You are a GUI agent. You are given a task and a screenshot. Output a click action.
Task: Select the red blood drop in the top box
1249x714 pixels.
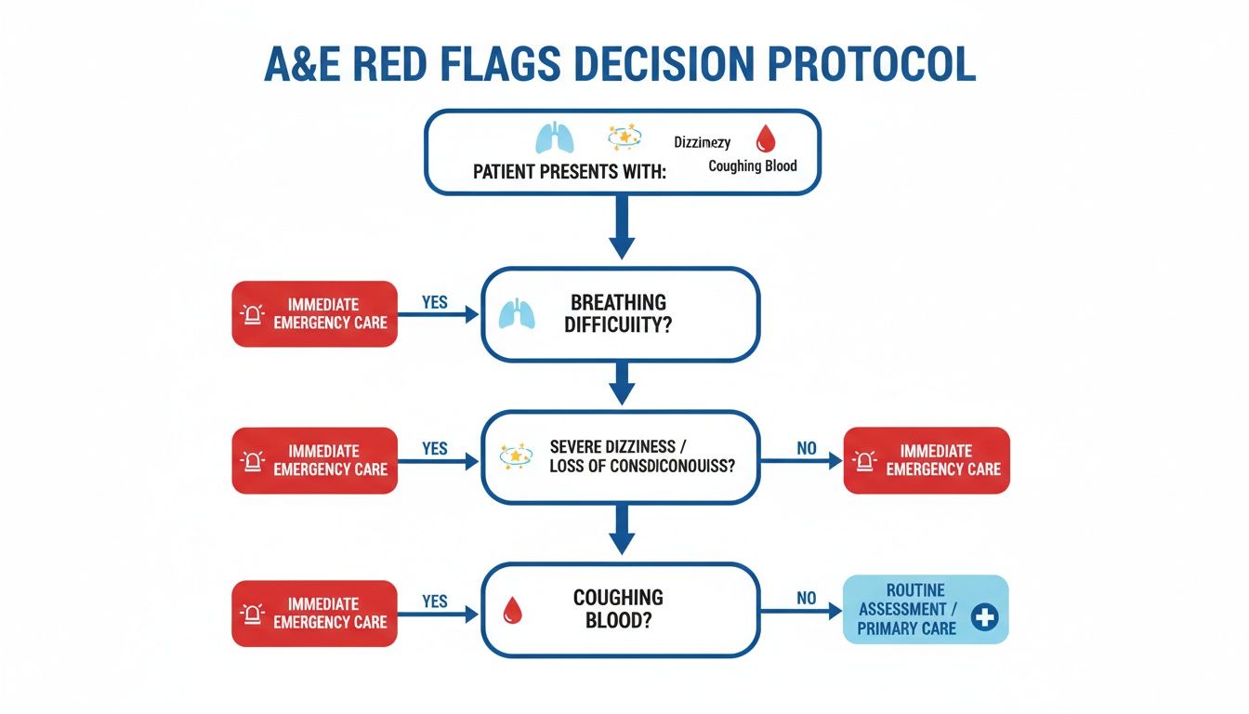pos(765,139)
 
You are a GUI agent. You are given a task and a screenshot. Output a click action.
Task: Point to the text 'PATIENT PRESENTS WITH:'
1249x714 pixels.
pos(570,173)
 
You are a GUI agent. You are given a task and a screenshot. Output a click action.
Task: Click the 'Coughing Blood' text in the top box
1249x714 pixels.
pos(752,166)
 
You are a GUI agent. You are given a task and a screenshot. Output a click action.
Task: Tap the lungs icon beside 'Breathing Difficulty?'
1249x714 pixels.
pos(518,313)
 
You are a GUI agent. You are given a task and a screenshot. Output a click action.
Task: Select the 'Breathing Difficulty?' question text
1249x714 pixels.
pos(619,313)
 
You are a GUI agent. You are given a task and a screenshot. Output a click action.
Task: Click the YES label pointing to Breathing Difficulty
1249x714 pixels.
pos(434,302)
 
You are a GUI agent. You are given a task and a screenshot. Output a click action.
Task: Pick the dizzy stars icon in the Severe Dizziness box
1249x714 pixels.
pos(516,456)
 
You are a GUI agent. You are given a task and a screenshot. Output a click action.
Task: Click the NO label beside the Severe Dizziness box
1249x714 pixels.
pos(806,449)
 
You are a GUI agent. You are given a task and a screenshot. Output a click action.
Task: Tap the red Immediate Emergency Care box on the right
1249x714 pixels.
pos(926,459)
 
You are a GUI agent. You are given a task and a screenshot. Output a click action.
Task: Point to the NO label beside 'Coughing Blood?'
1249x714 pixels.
pos(806,600)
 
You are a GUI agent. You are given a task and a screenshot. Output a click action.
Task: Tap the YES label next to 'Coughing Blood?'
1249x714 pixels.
pos(434,602)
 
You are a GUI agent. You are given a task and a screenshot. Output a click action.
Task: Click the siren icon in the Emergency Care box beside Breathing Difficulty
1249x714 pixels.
pos(253,314)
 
